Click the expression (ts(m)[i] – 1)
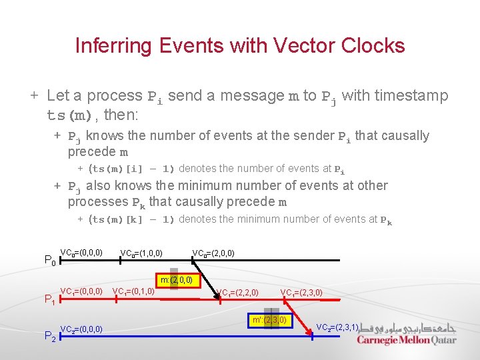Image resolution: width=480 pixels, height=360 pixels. pos(131,169)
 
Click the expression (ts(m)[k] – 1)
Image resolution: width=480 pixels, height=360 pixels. pos(131,220)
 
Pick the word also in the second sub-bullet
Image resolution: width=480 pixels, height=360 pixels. pos(99,186)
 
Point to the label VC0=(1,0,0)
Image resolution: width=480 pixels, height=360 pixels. pos(141,253)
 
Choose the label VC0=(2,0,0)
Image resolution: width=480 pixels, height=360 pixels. pos(213,253)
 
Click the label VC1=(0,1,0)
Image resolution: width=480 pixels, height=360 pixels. pos(133,291)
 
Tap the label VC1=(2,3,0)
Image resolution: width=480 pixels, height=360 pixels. pos(301,292)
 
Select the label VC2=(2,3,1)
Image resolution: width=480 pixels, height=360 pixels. pos(337,327)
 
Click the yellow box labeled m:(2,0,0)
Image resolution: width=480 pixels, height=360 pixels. pos(176,279)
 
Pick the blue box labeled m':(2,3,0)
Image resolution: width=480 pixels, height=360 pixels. pos(270,320)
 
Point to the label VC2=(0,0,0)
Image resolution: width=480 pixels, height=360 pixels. pos(81,329)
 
